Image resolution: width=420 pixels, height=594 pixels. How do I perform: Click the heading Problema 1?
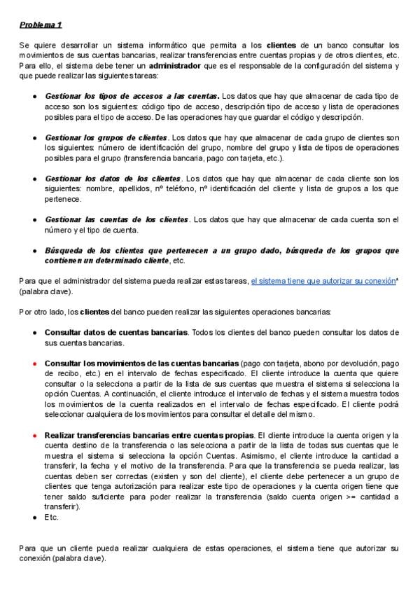point(41,25)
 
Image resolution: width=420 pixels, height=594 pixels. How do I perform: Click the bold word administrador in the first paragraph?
point(178,66)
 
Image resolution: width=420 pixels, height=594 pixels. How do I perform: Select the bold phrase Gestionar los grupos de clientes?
point(106,137)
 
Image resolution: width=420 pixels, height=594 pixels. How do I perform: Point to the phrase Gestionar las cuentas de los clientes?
point(117,219)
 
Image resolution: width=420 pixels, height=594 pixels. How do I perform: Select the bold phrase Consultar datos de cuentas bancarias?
point(116,331)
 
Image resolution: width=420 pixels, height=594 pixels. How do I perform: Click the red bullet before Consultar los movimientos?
point(34,364)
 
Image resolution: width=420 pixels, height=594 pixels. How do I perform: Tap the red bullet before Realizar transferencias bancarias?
point(34,435)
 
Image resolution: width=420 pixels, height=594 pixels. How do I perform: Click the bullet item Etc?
point(52,517)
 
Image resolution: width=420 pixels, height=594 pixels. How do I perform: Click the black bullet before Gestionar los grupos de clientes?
point(34,137)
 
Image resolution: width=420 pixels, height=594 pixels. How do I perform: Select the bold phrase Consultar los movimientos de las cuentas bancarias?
point(141,364)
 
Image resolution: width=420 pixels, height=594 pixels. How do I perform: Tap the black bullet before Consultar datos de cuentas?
point(34,331)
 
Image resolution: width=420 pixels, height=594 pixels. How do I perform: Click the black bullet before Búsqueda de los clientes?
point(34,250)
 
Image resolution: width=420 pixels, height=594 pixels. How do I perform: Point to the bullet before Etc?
point(34,517)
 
